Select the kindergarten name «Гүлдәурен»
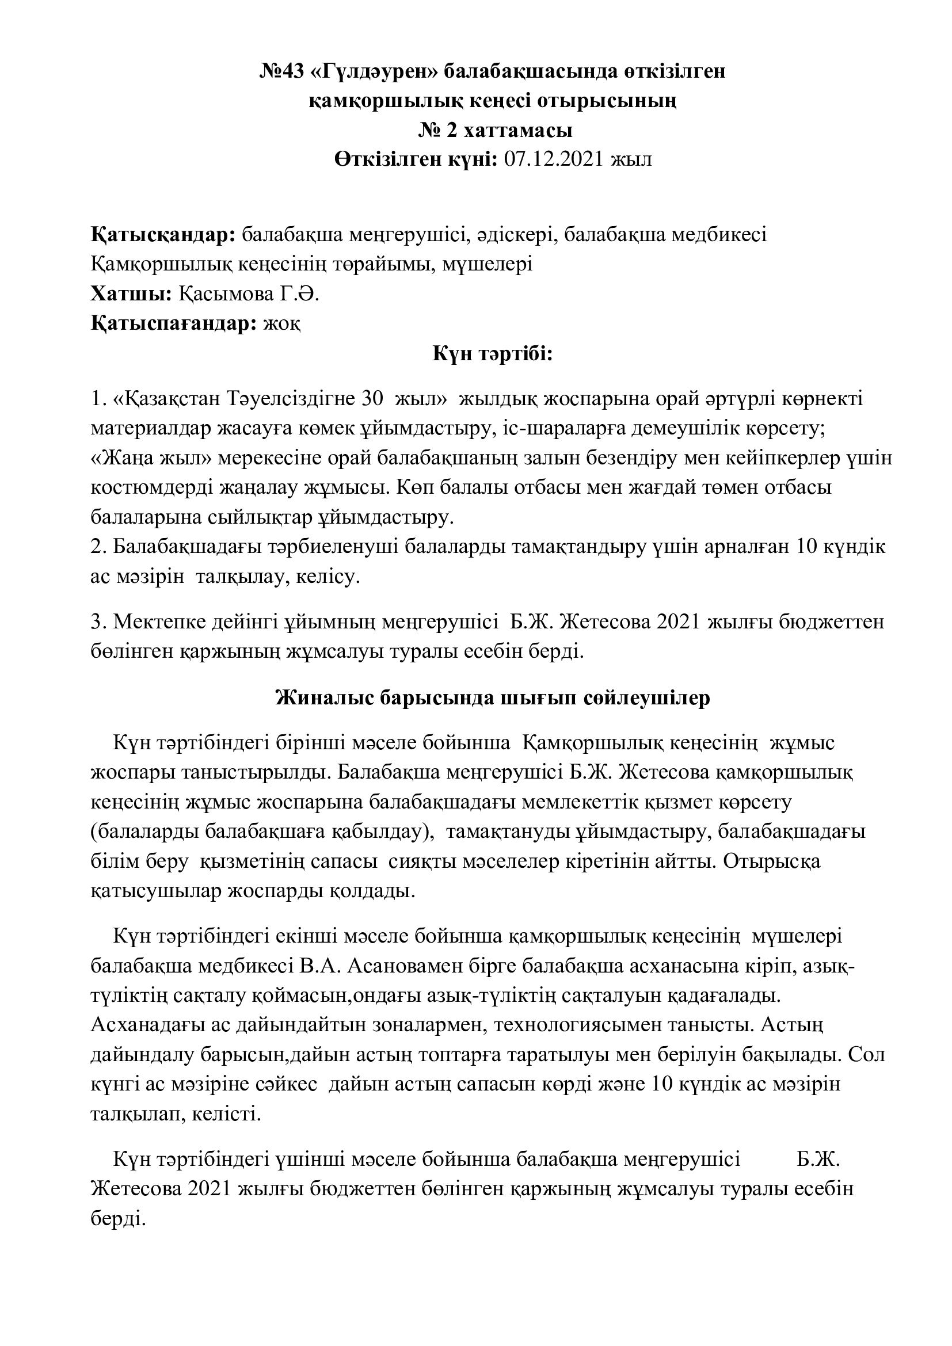tap(376, 72)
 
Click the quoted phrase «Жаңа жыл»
tap(151, 458)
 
